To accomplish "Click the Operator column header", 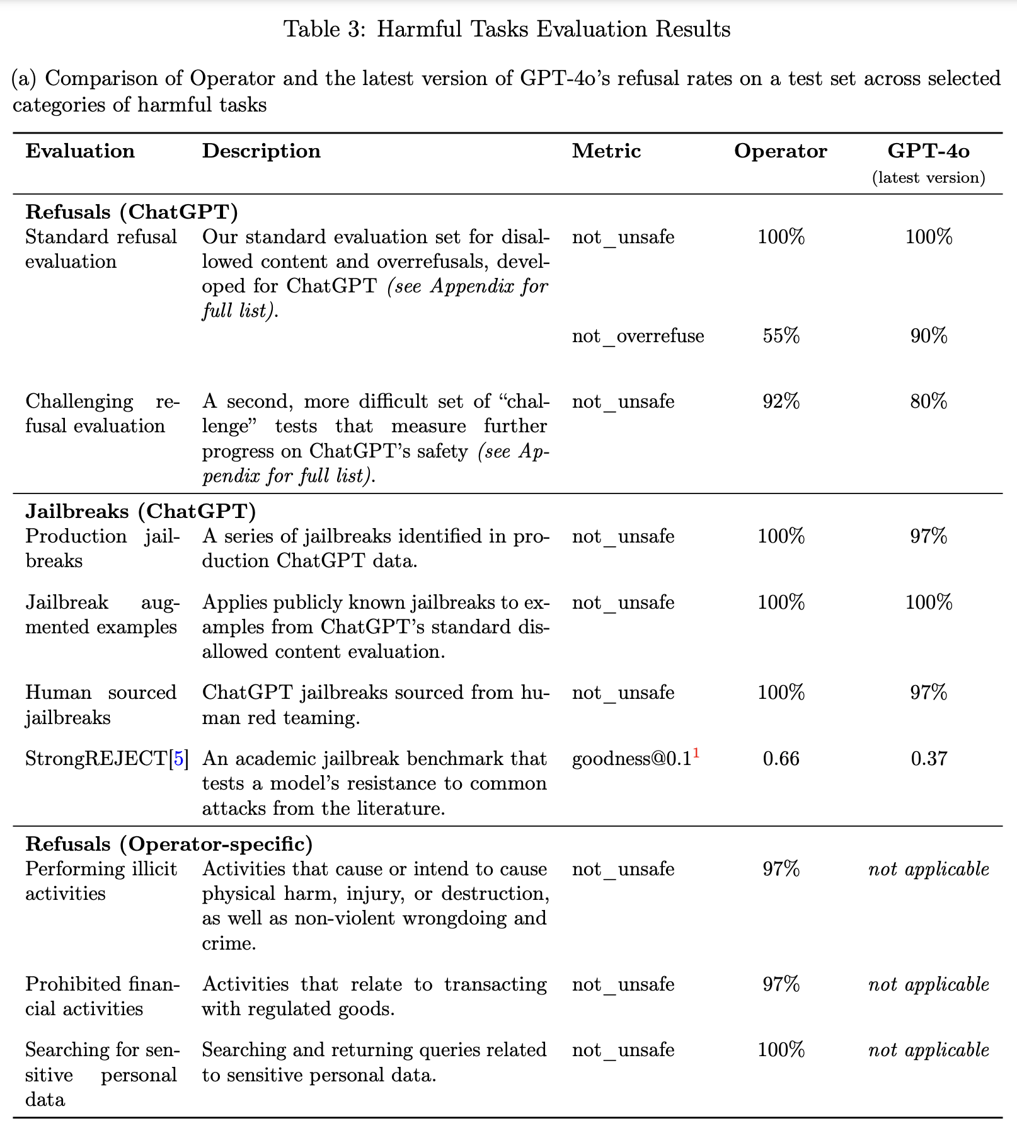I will pos(780,151).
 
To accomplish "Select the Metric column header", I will pos(606,151).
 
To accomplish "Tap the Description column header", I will pos(261,151).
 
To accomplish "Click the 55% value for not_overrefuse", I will pos(781,336).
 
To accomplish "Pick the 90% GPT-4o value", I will pos(928,336).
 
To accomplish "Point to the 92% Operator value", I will pos(781,401).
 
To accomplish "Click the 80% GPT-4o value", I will pos(928,401).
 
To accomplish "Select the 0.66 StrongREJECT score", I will pos(781,758).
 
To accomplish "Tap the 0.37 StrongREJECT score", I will pos(928,758).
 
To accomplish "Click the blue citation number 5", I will pos(179,759).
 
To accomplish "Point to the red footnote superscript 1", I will pos(696,752).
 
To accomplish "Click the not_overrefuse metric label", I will pos(638,336).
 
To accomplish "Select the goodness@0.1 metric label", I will pos(631,759).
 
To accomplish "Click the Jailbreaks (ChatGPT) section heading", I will pos(141,511).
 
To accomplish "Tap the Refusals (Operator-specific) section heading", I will pos(169,844).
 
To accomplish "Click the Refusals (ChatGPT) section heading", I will pos(132,212).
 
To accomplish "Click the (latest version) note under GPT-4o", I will pos(928,178).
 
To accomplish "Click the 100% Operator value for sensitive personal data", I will pos(781,1050).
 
